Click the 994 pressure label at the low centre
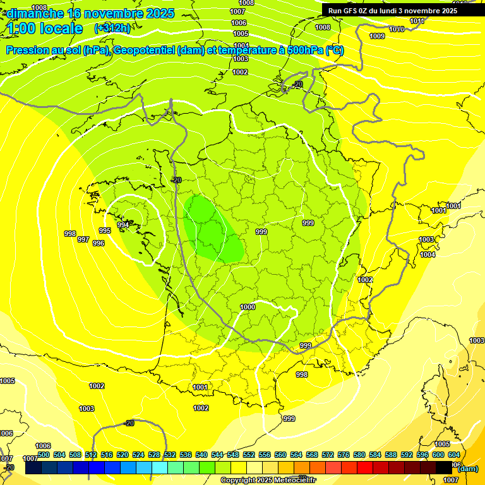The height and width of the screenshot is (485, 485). tap(123, 225)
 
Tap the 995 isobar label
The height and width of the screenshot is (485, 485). tap(105, 231)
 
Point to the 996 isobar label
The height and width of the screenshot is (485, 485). tap(99, 243)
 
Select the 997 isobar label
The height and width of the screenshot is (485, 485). tap(83, 239)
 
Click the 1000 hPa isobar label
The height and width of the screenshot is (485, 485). tap(248, 307)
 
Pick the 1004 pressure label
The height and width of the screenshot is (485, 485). tap(428, 254)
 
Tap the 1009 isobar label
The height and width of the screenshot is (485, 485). tap(377, 36)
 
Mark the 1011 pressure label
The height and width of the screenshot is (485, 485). tap(417, 21)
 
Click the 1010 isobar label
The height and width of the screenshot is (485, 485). tap(397, 30)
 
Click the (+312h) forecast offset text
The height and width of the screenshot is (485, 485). tap(112, 28)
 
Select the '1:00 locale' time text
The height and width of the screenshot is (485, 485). tap(45, 28)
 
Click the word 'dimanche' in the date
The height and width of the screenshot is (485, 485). tap(35, 13)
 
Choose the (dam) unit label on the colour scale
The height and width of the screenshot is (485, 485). tap(467, 469)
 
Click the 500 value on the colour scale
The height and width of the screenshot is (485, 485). tap(44, 455)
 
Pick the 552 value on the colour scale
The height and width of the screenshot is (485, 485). tap(249, 455)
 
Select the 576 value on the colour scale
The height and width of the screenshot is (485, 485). tap(344, 455)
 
